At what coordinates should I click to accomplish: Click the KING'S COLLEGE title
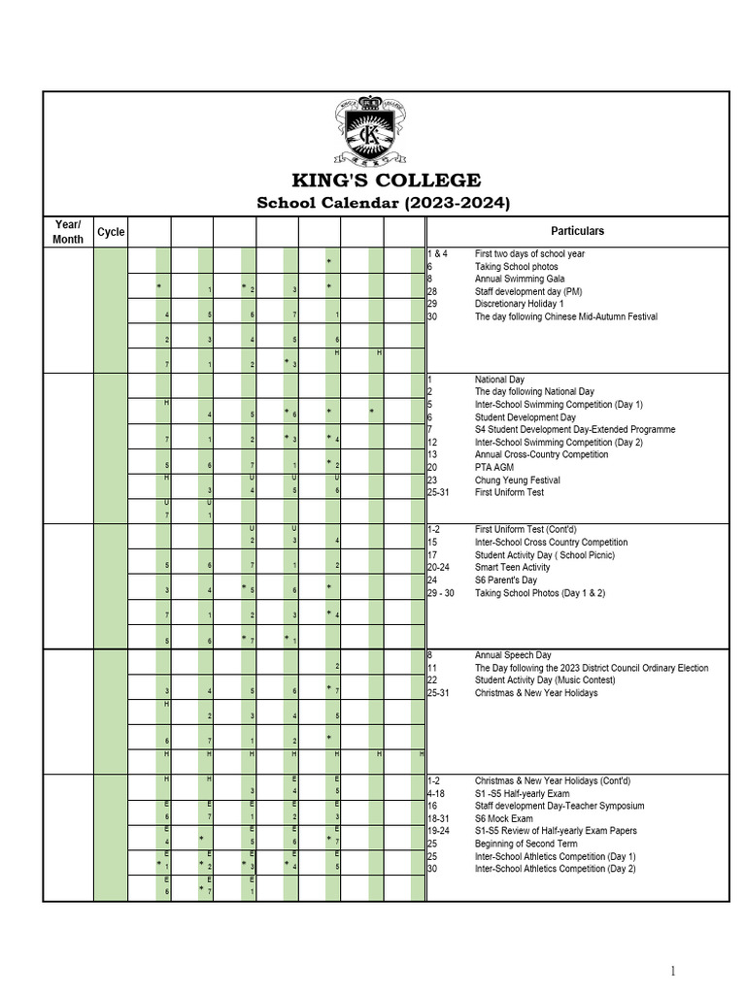[387, 181]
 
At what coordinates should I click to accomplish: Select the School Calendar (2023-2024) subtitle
[383, 203]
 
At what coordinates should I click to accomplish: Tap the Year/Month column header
[68, 232]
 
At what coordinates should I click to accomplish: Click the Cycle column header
[111, 232]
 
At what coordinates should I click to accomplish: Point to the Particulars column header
[577, 231]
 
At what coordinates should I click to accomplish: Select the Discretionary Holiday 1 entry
[519, 304]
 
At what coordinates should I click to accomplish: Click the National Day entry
[499, 380]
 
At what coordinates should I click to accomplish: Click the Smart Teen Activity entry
[512, 568]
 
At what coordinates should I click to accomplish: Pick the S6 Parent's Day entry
[506, 580]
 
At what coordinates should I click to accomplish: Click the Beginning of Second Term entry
[526, 845]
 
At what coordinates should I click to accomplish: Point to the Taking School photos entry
[516, 266]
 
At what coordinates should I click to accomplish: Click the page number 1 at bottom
[672, 971]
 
